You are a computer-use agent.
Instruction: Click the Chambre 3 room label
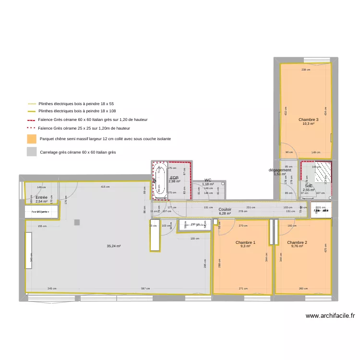pyautogui.click(x=308, y=120)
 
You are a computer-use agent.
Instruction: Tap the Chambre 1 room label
pyautogui.click(x=245, y=242)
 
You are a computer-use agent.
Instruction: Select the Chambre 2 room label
pyautogui.click(x=297, y=242)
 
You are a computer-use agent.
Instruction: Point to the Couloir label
pyautogui.click(x=225, y=209)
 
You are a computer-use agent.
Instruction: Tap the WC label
pyautogui.click(x=208, y=180)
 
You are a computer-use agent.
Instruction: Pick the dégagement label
pyautogui.click(x=280, y=170)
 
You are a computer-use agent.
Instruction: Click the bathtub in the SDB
pyautogui.click(x=160, y=180)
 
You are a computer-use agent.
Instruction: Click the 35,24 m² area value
pyautogui.click(x=114, y=246)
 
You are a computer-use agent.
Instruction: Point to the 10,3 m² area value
pyautogui.click(x=308, y=124)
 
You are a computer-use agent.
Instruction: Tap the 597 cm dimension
pyautogui.click(x=144, y=289)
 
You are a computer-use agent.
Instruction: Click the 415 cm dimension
pyautogui.click(x=105, y=187)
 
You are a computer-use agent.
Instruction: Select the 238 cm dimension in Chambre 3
pyautogui.click(x=306, y=70)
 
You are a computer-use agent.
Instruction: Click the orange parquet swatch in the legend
pyautogui.click(x=32, y=139)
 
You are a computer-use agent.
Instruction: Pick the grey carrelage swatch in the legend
pyautogui.click(x=32, y=152)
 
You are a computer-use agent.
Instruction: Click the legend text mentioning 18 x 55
pyautogui.click(x=76, y=104)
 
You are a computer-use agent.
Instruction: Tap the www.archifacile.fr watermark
pyautogui.click(x=330, y=316)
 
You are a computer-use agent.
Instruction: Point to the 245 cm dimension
pyautogui.click(x=52, y=289)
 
